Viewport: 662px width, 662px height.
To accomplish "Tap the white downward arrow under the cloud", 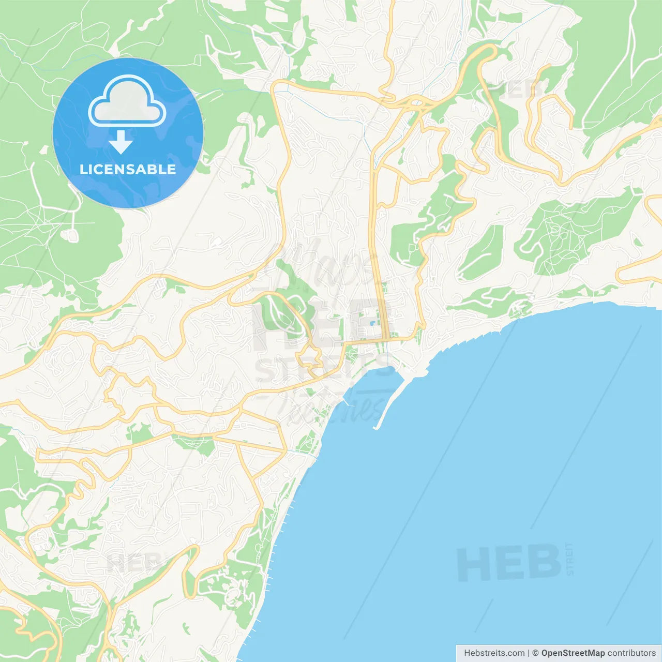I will (x=121, y=142).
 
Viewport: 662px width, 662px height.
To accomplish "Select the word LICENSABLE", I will (x=128, y=169).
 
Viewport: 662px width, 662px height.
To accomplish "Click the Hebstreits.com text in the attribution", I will (x=494, y=653).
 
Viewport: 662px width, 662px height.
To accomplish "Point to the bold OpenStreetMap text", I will (x=573, y=653).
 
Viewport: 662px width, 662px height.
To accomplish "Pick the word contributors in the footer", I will (x=631, y=653).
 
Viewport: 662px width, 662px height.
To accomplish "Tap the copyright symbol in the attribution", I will (x=535, y=653).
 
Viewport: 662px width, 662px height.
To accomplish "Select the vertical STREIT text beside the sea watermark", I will (x=570, y=559).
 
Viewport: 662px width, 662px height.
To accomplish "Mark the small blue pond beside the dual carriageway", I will (x=373, y=324).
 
